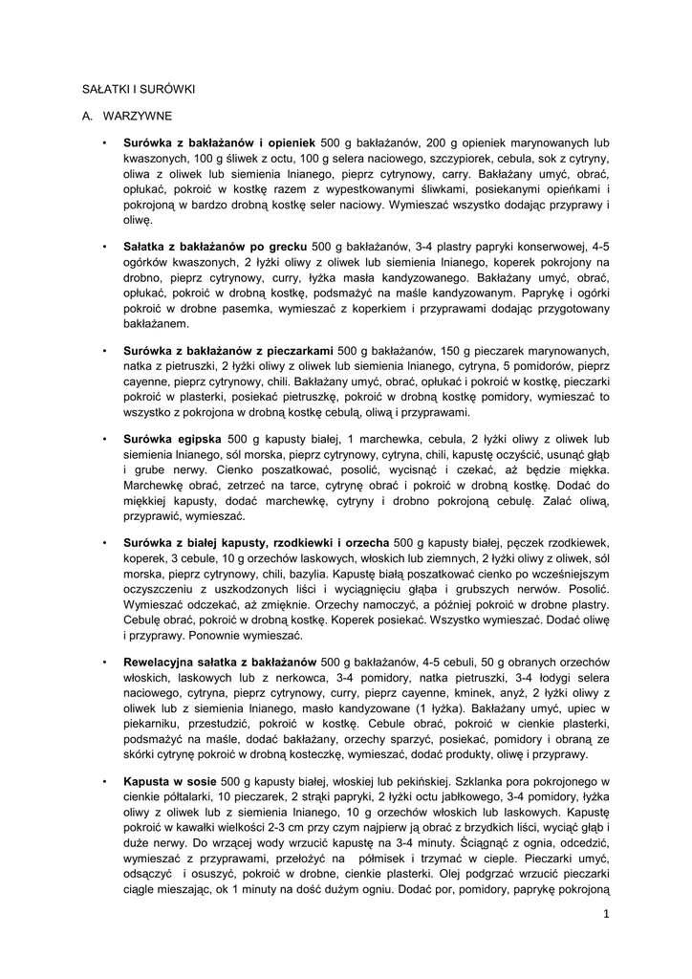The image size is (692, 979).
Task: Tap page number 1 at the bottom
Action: (x=605, y=913)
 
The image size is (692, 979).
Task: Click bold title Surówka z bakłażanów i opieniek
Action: (x=221, y=141)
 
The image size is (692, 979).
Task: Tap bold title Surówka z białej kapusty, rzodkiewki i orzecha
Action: (x=256, y=543)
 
